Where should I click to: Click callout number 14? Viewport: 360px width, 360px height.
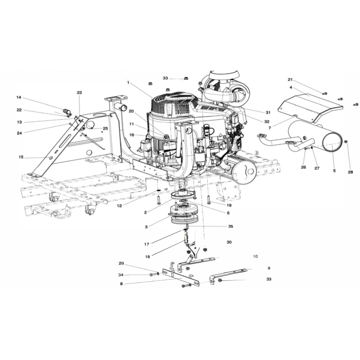[19, 98]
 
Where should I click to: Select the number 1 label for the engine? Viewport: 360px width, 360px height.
[128, 83]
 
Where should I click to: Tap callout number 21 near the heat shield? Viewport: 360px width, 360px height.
[290, 80]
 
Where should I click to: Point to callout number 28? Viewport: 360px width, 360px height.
[351, 172]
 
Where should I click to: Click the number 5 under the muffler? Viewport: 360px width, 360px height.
[334, 171]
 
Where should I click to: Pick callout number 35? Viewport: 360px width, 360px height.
[230, 226]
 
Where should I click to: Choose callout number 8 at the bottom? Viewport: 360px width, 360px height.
[121, 284]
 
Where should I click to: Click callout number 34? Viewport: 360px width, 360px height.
[121, 275]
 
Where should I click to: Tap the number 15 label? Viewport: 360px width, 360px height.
[21, 157]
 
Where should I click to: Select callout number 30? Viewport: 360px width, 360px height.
[229, 242]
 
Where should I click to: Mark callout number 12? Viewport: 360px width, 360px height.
[119, 206]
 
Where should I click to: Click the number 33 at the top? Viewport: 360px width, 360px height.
[165, 78]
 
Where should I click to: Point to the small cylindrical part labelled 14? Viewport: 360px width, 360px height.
[67, 112]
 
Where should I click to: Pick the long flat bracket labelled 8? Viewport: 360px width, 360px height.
[181, 277]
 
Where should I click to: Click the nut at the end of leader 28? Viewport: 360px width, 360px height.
[346, 142]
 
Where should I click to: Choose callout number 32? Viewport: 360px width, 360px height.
[266, 121]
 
